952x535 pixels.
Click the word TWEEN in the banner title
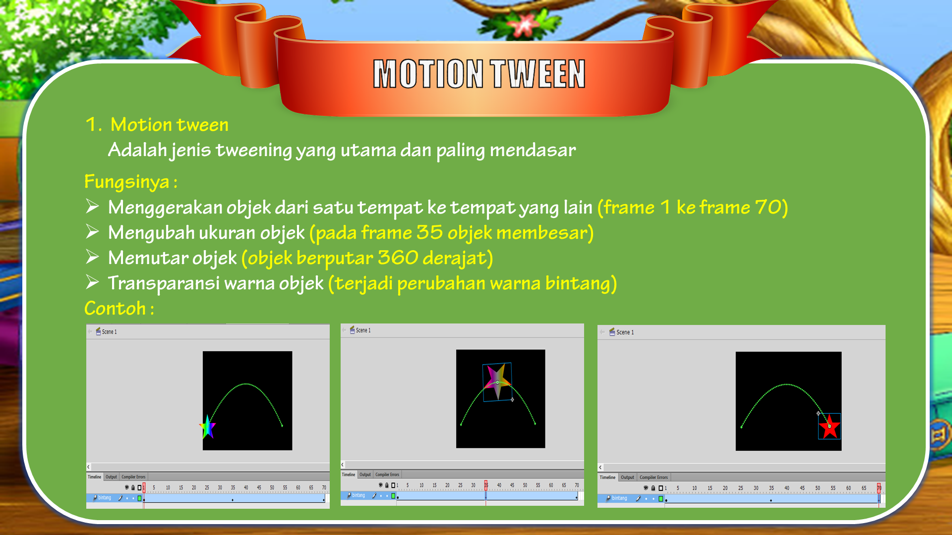[538, 74]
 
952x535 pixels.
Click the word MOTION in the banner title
[428, 74]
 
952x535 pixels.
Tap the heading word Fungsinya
[127, 182]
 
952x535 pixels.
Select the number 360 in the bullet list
[398, 258]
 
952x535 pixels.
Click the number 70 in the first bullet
[768, 208]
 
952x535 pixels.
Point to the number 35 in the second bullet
[429, 233]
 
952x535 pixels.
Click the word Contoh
[115, 309]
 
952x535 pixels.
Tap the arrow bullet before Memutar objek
[92, 257]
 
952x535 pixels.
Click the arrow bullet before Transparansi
[92, 282]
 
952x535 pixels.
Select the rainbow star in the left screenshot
[208, 427]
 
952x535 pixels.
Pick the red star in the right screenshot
[829, 427]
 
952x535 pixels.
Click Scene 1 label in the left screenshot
[109, 332]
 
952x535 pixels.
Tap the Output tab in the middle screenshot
[365, 475]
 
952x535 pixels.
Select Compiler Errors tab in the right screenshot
[654, 478]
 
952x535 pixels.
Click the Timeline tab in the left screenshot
[94, 477]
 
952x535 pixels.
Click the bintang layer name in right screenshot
[619, 498]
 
